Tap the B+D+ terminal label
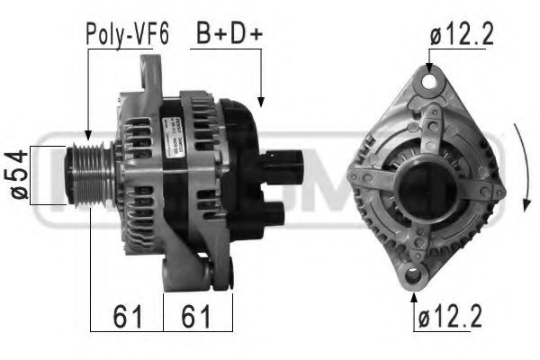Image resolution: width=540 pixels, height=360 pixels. click(x=229, y=34)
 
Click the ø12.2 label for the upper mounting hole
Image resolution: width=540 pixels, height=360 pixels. click(x=461, y=34)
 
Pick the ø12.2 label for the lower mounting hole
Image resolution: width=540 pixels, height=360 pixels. click(x=449, y=318)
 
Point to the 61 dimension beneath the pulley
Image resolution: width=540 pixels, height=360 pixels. click(x=126, y=317)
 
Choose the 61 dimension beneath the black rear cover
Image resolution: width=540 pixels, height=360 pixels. click(x=197, y=317)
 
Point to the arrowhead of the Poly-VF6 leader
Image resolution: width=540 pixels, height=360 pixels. click(x=88, y=133)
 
